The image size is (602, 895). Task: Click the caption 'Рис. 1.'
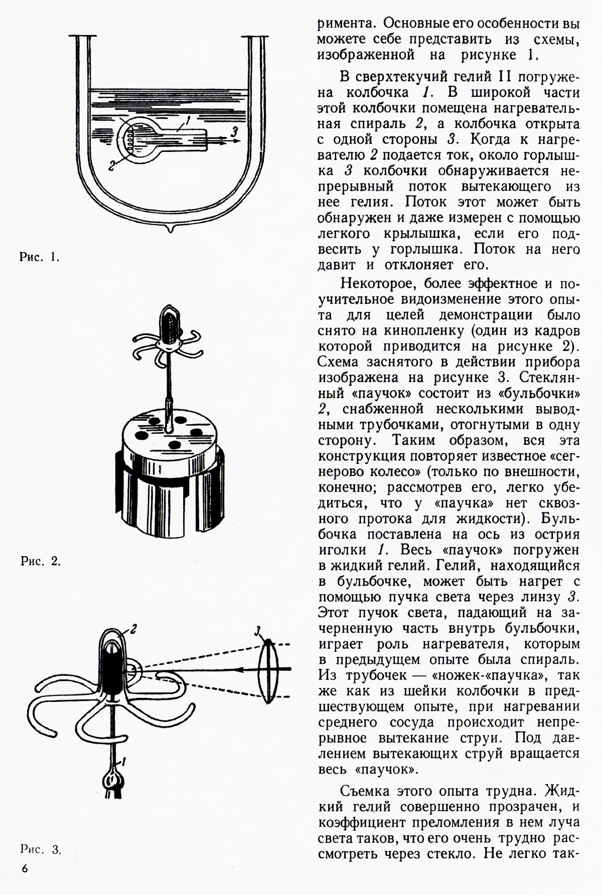[40, 259]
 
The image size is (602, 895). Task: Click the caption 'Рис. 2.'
[41, 562]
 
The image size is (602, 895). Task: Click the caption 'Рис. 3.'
[41, 849]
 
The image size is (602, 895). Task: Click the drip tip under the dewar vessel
[171, 229]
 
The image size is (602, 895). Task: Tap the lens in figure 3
[269, 669]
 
